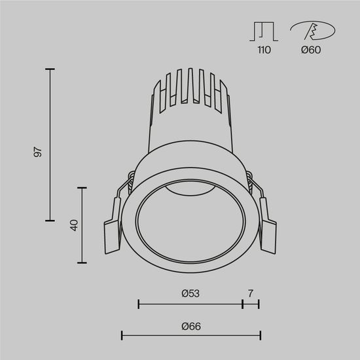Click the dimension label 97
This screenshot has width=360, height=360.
coord(38,152)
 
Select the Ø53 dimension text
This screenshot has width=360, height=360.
coord(190,293)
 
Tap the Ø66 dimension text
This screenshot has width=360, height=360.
coord(190,326)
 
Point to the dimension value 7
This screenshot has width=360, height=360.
coord(251,293)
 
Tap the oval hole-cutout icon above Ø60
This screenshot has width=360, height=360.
coord(312,31)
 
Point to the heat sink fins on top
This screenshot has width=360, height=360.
coord(190,88)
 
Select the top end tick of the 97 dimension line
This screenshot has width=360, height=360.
coord(51,67)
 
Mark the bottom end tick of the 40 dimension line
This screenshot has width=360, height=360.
coord(82,262)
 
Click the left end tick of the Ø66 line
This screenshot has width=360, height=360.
coord(122,336)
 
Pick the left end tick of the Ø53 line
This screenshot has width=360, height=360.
coord(139,303)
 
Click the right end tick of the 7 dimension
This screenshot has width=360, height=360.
coord(259,303)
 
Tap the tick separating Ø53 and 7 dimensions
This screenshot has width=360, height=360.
coord(242,303)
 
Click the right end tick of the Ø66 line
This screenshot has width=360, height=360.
coord(261,336)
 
